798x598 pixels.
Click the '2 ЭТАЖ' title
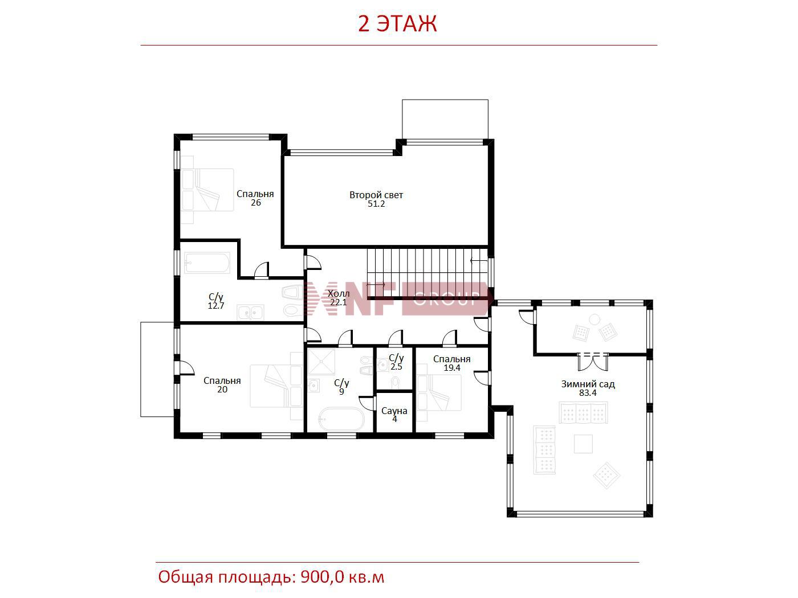pos(397,24)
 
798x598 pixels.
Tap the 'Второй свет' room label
pos(376,195)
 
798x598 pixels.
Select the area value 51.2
pos(376,204)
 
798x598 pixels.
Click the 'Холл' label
pos(339,293)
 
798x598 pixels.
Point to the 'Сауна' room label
pos(394,411)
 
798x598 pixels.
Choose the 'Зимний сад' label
pos(588,384)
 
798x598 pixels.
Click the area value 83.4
pos(588,393)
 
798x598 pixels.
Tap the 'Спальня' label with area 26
pos(255,194)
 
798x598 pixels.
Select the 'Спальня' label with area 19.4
pos(451,359)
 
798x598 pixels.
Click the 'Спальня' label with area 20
pos(222,381)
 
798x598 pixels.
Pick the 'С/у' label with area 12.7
pos(215,297)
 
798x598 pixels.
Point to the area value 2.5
pos(396,367)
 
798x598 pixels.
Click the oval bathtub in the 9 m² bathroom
pos(341,419)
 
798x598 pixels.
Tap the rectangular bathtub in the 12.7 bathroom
pos(207,263)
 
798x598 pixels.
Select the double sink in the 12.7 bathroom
pos(250,313)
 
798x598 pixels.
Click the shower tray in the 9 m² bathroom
pos(321,362)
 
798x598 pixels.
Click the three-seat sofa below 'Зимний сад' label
pos(583,412)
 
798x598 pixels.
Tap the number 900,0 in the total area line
pos(321,577)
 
